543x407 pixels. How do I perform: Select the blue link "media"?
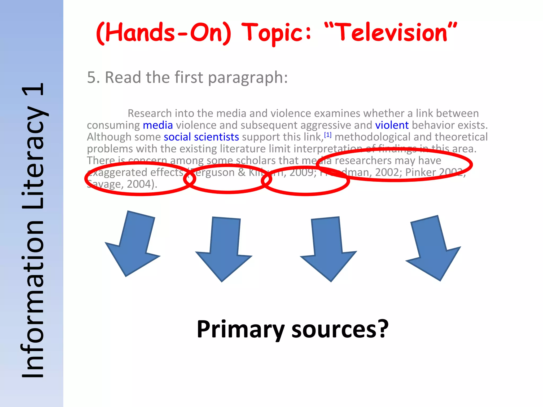[x=158, y=125]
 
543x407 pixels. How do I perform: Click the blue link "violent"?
[x=392, y=125]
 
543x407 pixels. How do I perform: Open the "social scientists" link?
[x=201, y=137]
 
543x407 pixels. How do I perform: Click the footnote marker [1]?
[x=328, y=135]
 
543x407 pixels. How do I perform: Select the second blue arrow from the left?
[x=224, y=248]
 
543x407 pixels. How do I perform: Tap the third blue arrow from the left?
[x=328, y=248]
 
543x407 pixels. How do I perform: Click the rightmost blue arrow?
[x=433, y=246]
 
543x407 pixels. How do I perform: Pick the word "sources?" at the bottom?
[x=340, y=329]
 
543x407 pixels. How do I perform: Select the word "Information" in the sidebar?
[x=33, y=299]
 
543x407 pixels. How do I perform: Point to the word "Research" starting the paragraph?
[x=150, y=113]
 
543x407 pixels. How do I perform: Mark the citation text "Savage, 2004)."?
[x=122, y=184]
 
